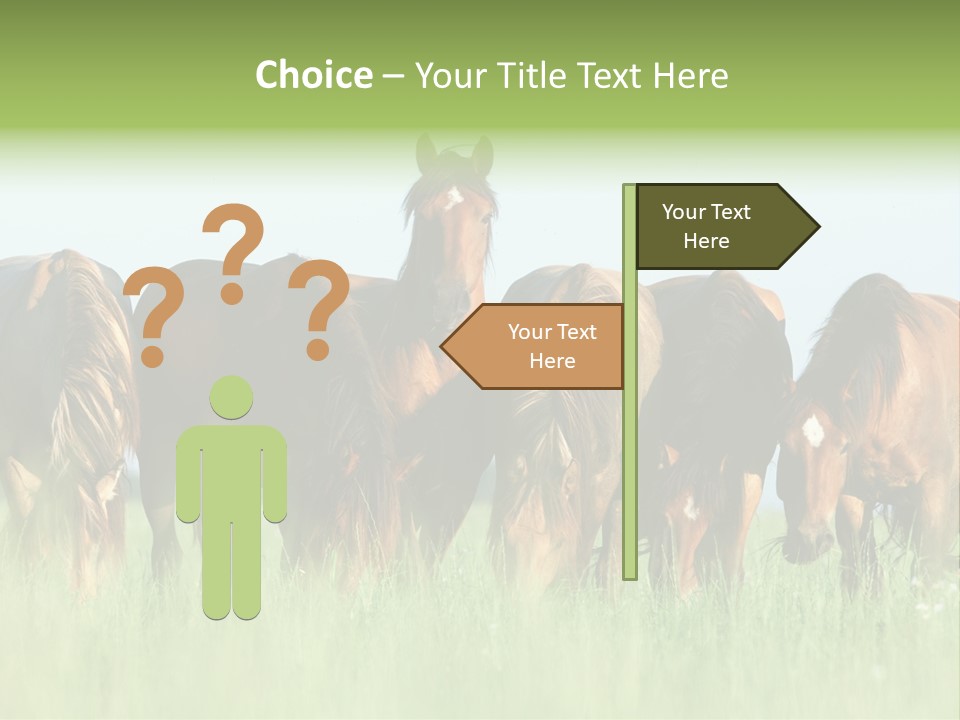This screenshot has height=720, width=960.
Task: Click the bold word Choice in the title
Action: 313,76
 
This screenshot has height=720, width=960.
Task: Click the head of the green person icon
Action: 231,397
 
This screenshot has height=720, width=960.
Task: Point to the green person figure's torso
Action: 231,470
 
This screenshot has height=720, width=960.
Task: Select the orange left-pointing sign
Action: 540,346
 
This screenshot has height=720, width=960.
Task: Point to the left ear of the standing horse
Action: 427,153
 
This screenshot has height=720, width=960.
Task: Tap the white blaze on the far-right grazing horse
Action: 813,430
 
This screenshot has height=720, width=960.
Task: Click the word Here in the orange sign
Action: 552,361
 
